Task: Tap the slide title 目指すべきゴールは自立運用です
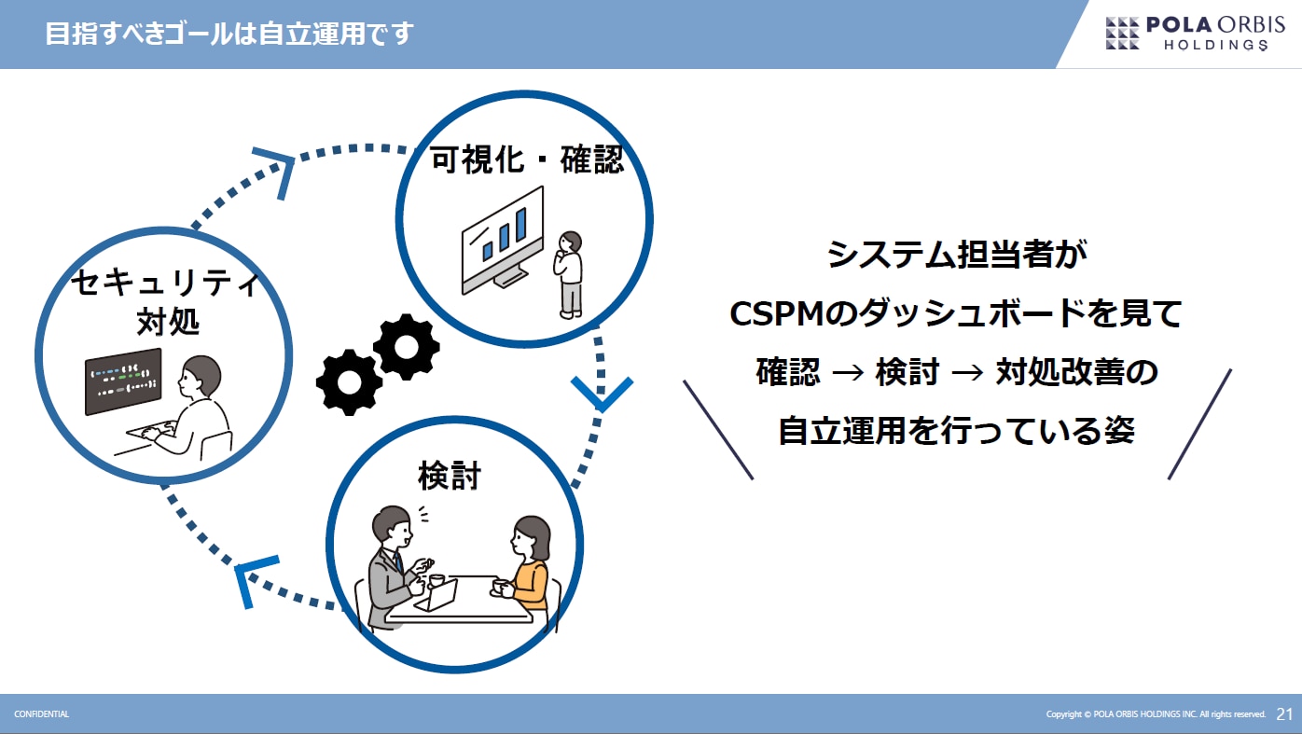coord(229,35)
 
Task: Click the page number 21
coord(1284,714)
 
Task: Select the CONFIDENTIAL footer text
coord(41,714)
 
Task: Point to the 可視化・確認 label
coord(526,160)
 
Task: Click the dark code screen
coord(123,381)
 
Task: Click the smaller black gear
coord(406,346)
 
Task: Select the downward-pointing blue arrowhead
coord(602,394)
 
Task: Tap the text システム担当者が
coord(957,254)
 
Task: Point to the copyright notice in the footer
coord(1156,714)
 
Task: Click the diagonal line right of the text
coord(1199,424)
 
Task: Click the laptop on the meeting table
coord(438,594)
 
